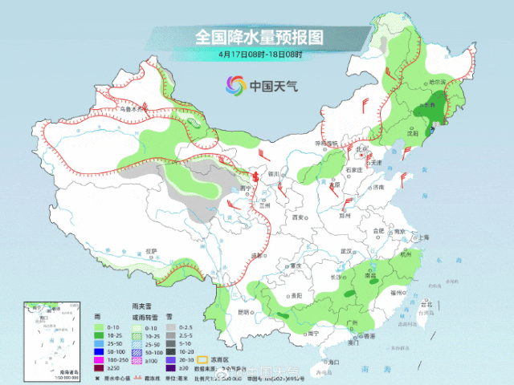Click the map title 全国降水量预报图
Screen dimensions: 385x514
pos(258,37)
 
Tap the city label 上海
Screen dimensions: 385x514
pos(423,237)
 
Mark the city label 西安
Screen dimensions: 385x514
pos(300,217)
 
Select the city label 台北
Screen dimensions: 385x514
pos(426,305)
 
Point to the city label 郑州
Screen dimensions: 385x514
pos(346,215)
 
